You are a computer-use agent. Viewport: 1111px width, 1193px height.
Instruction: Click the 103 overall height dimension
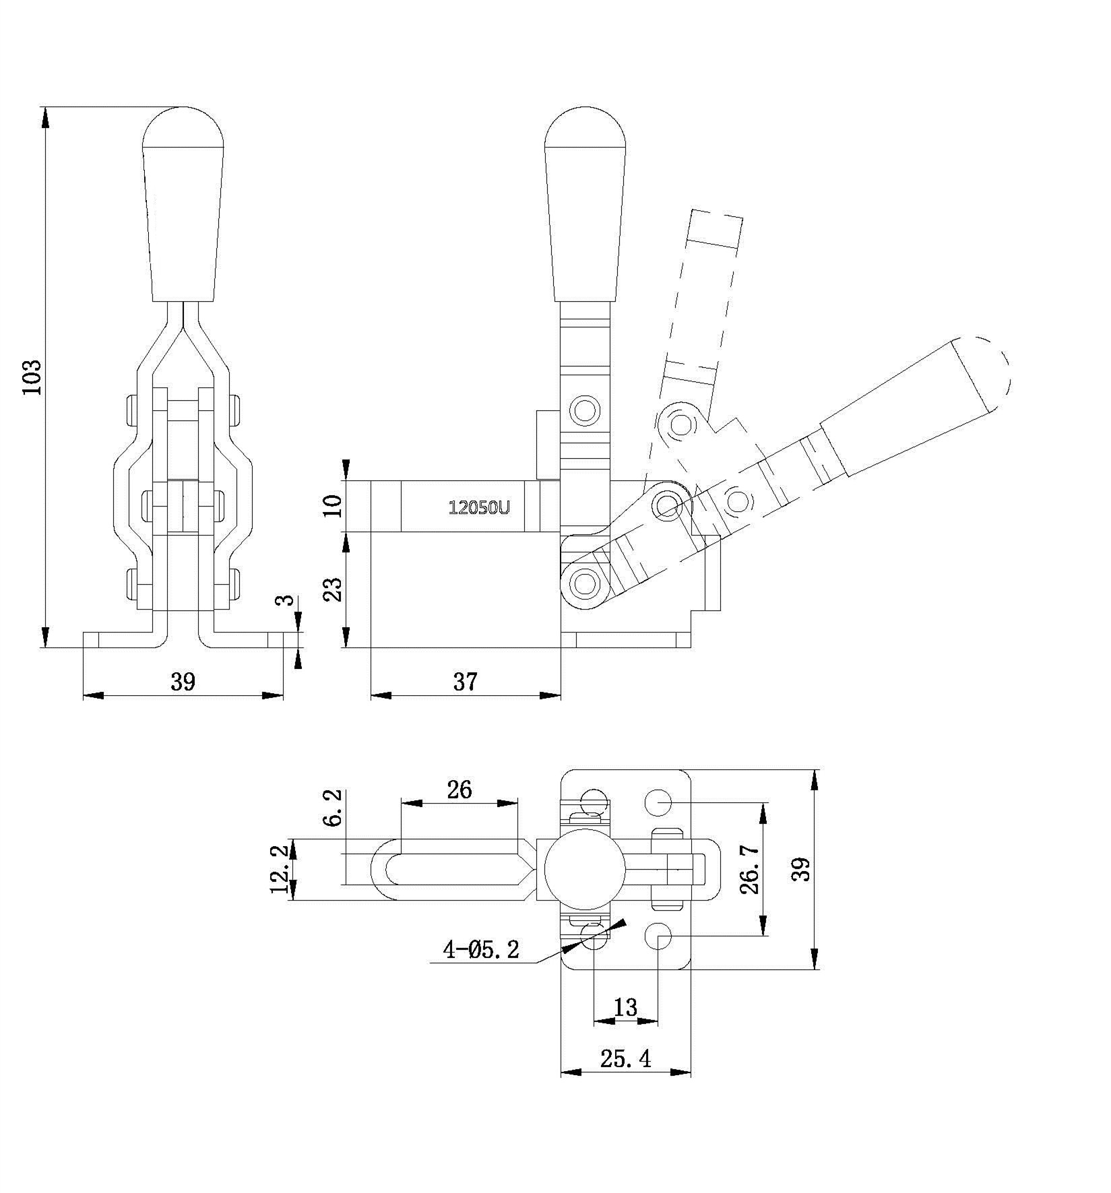32,377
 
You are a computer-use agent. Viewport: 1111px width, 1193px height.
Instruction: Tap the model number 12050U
479,508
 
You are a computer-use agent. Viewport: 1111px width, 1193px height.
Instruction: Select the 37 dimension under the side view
465,682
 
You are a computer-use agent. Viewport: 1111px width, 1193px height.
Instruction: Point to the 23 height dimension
334,588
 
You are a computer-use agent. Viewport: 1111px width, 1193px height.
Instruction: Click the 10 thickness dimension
334,505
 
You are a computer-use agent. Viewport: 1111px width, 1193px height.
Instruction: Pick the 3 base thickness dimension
287,600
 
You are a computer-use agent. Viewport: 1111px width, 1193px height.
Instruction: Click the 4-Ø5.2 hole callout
481,950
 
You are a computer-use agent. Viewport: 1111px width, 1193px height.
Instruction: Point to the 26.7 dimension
750,870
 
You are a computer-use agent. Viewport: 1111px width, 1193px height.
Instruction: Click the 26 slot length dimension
459,789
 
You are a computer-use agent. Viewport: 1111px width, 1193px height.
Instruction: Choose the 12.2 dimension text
282,870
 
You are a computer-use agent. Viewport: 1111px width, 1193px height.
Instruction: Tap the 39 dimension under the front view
183,682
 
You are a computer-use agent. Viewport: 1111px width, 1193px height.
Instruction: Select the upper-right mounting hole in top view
659,802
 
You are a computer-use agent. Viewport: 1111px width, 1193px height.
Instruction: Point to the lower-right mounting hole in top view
658,935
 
